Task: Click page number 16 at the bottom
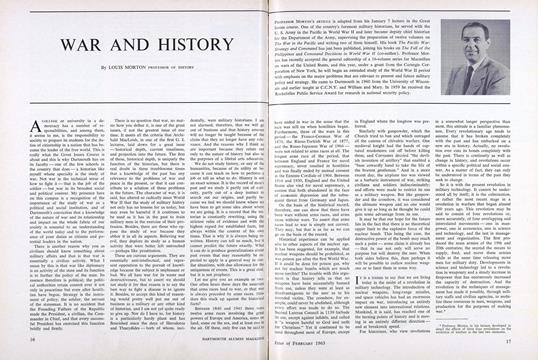pyautogui.click(x=27, y=346)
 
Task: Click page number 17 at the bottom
pyautogui.click(x=511, y=346)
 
